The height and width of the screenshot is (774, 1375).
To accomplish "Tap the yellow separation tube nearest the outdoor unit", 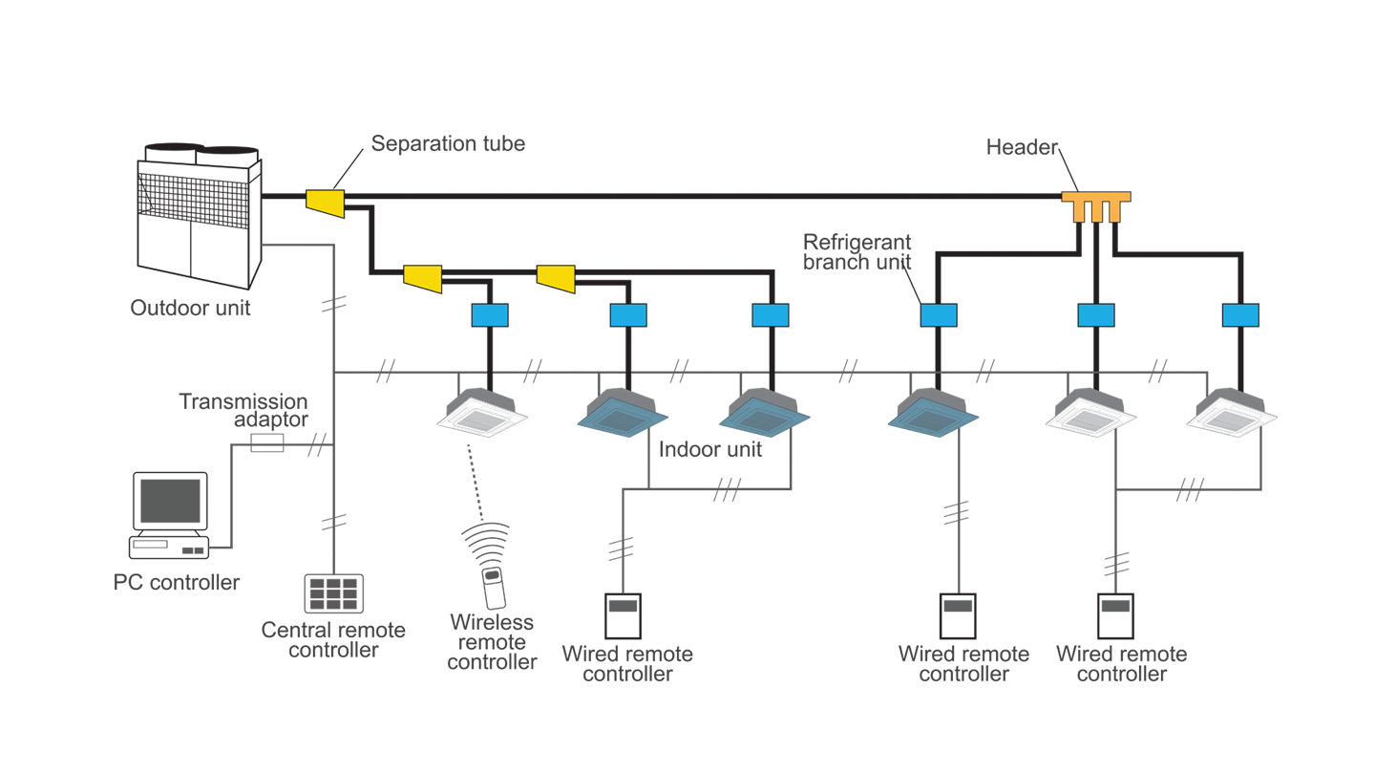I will [325, 201].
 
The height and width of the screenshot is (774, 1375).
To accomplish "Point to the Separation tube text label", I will [448, 144].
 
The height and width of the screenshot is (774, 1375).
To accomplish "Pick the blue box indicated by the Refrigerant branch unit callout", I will [938, 315].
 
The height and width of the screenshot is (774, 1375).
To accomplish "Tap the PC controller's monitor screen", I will [170, 500].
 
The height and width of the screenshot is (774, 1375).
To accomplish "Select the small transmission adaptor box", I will [266, 442].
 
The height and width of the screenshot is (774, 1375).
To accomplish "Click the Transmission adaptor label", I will [243, 411].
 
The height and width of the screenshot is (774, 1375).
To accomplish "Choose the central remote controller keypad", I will [333, 593].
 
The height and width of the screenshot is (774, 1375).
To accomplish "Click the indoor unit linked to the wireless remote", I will [482, 412].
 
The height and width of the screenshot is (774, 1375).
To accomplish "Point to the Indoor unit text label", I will [711, 449].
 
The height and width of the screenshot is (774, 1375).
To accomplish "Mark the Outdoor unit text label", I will [190, 308].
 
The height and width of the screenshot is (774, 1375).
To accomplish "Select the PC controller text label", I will [177, 582].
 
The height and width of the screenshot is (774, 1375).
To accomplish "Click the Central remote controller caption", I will [333, 640].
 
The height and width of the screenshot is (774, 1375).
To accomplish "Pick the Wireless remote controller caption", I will [492, 641].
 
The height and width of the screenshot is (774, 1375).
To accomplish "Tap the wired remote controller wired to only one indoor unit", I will [957, 617].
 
